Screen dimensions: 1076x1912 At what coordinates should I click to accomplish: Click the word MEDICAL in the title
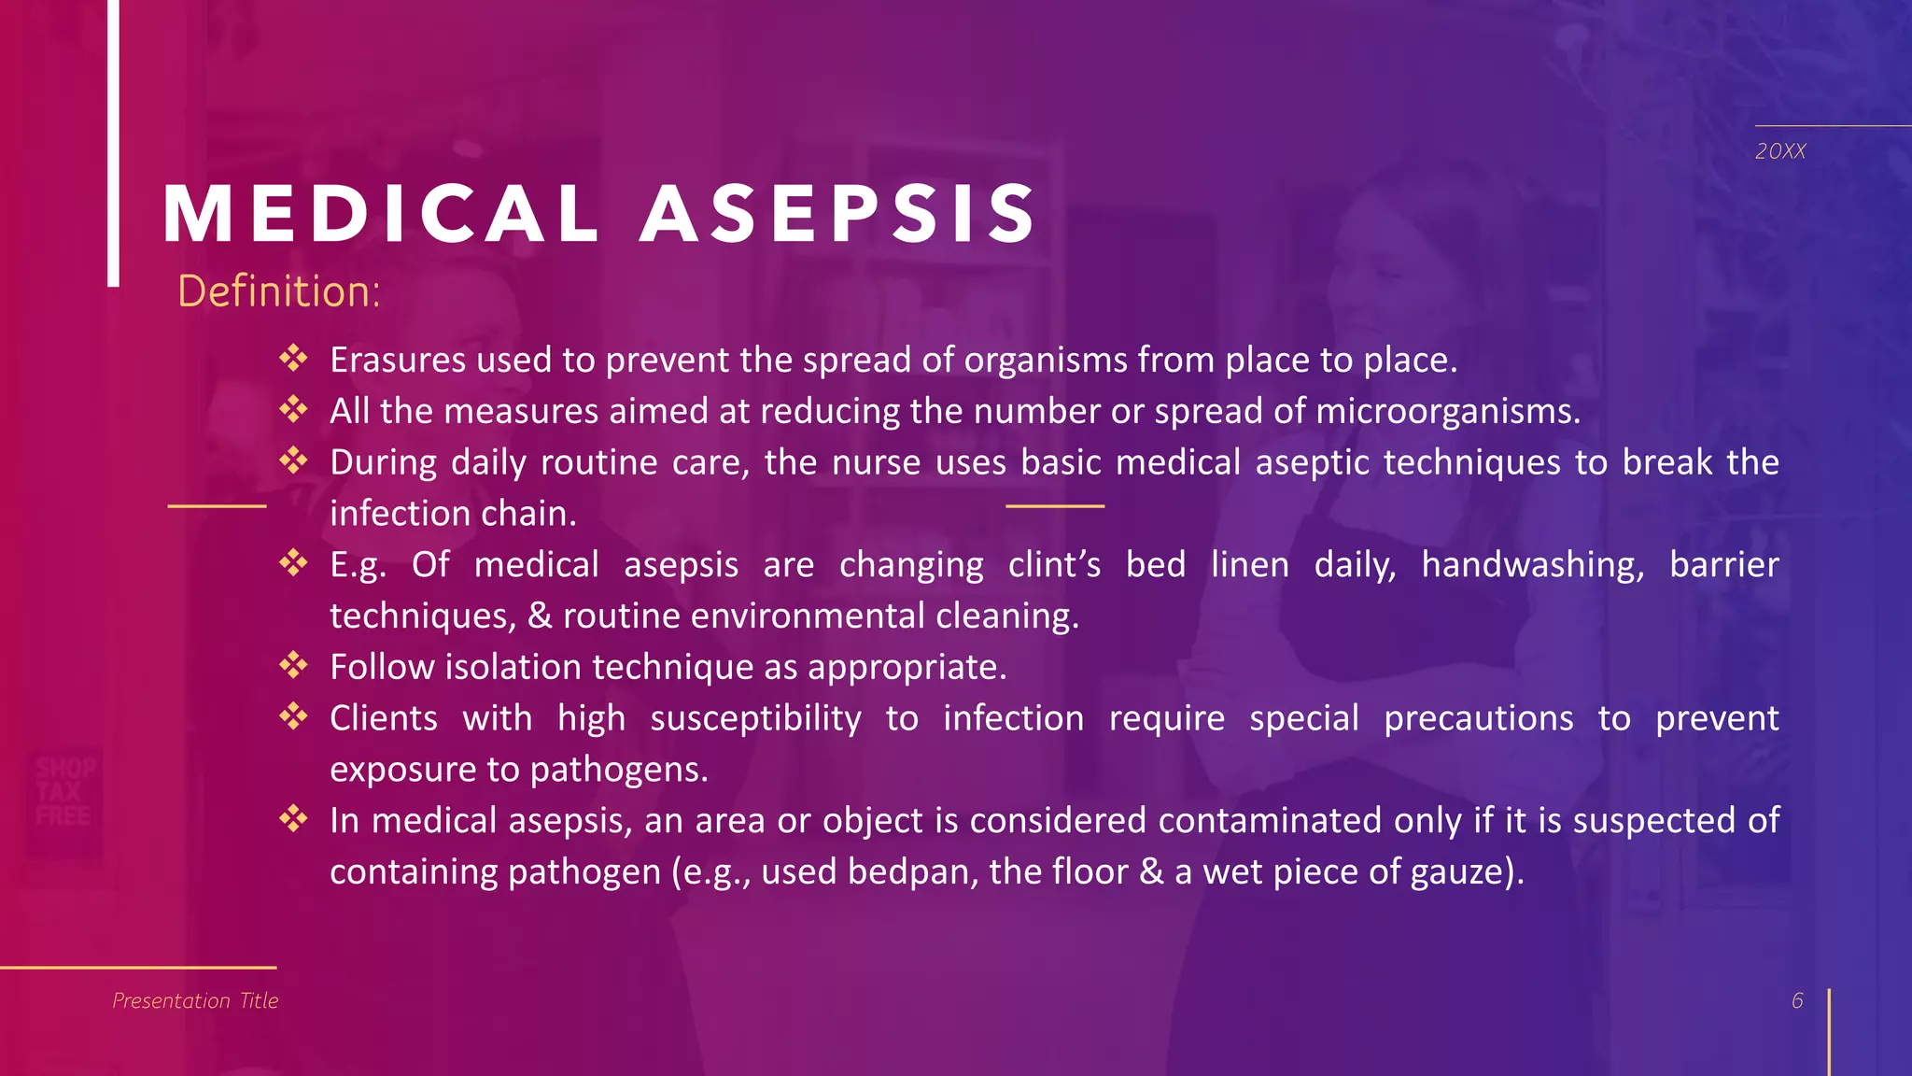(381, 215)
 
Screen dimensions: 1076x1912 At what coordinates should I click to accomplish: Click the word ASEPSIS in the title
(837, 215)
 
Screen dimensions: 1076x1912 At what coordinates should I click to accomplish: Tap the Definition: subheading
(279, 291)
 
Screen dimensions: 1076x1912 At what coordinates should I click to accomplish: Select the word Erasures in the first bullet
(398, 361)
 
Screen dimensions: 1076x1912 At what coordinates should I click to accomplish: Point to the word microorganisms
(1447, 412)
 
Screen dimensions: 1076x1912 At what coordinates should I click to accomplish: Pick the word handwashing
(1532, 565)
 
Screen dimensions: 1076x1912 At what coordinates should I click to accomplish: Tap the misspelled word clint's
(1054, 565)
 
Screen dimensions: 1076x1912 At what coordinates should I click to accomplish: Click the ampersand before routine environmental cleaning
(540, 616)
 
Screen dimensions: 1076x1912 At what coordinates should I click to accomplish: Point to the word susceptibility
(755, 719)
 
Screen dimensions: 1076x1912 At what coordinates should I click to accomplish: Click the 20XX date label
(1780, 151)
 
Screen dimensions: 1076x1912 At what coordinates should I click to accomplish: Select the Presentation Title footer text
(195, 1000)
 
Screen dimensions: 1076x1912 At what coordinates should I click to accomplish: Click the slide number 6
(1797, 1000)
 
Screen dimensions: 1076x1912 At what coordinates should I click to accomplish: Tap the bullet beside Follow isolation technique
(293, 665)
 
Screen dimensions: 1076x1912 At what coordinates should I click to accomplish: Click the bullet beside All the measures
(293, 409)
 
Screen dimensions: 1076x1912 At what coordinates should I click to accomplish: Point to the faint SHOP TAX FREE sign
(65, 792)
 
